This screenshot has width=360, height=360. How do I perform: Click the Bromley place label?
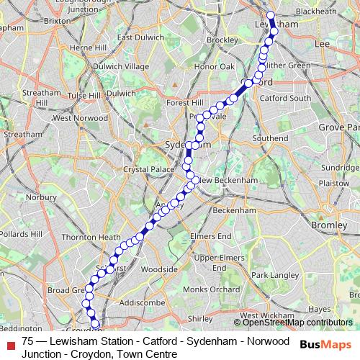point(328,225)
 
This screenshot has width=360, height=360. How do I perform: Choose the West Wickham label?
point(260,315)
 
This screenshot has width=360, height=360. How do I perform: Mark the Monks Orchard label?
point(211,289)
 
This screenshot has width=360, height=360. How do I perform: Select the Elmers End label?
point(210,235)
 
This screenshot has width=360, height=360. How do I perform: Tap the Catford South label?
point(284,97)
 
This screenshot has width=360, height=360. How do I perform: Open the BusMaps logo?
point(326,343)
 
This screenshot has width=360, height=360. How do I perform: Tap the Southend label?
point(270,138)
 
